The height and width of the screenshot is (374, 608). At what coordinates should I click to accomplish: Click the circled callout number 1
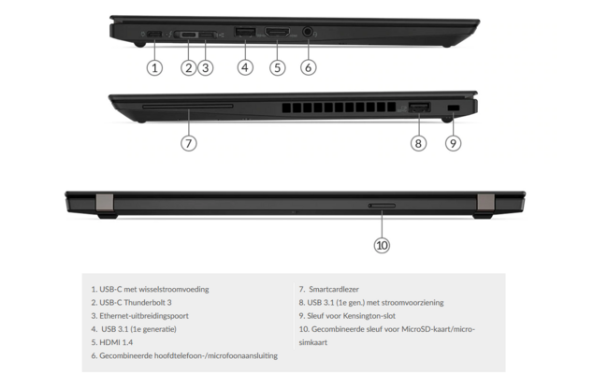click(x=155, y=67)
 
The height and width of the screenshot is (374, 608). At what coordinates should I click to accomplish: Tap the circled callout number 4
click(x=245, y=67)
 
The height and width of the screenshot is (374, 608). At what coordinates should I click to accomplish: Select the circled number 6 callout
click(x=310, y=67)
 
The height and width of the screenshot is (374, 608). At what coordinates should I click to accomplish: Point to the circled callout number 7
click(x=189, y=143)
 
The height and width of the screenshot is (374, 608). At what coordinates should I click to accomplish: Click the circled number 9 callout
click(x=453, y=143)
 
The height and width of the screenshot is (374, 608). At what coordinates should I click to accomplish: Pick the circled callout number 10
click(x=382, y=245)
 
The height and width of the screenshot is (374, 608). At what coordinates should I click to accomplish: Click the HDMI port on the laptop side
click(x=277, y=35)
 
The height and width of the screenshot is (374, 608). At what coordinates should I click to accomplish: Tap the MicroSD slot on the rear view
click(x=382, y=203)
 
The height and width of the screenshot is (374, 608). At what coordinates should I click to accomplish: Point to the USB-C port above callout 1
click(x=153, y=36)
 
